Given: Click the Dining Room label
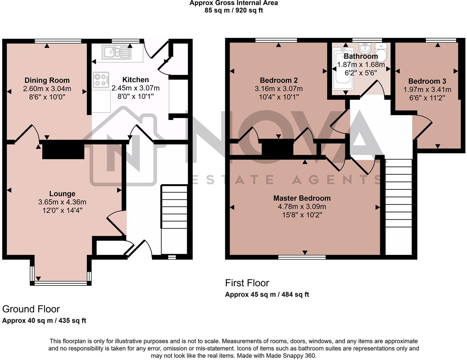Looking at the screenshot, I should coord(47,80).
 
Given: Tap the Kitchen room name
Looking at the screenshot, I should coord(135,80).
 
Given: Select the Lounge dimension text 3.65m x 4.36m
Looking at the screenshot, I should coord(62,202).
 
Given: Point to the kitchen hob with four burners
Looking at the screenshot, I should coord(101,80).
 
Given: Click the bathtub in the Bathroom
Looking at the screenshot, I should coord(340,70).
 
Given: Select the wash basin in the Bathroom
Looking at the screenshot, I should coord(365,48).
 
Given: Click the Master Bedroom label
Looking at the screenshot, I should coord(302,198).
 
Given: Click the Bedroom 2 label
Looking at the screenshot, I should coord(279,80).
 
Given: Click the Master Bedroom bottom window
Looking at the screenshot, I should coord(302,257).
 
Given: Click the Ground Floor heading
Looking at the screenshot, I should coord(31,309).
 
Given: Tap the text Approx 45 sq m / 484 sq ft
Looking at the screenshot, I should coord(267,294).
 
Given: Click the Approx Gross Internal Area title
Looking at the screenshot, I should coord(233,3).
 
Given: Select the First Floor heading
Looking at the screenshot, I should coord(247,283).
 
